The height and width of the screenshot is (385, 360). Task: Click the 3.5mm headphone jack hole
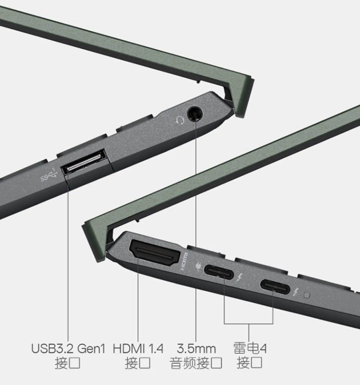tap(194, 114)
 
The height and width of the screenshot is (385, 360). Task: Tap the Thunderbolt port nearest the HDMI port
tap(219, 271)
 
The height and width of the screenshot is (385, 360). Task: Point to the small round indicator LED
tap(307, 295)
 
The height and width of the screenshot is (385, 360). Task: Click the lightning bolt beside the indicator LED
tap(295, 292)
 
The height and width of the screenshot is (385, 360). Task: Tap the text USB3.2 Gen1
tap(68, 349)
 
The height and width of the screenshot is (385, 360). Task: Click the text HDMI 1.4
tap(138, 349)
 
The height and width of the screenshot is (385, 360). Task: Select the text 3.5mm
tap(196, 349)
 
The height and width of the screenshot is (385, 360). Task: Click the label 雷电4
tap(249, 349)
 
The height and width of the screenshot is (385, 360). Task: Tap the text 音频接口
tap(196, 363)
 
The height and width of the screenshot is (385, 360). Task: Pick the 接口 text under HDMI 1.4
tap(137, 363)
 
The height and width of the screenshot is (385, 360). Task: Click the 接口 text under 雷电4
tap(249, 363)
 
